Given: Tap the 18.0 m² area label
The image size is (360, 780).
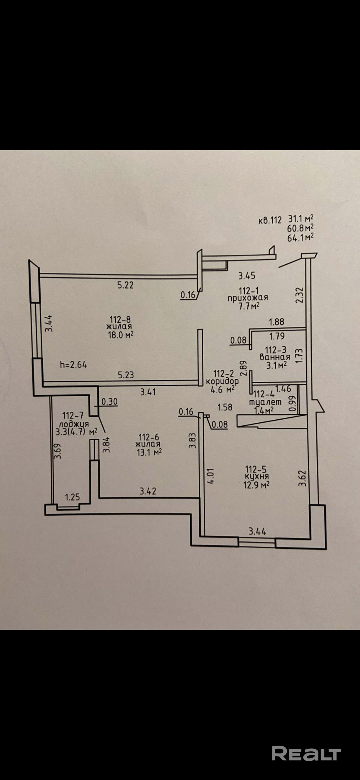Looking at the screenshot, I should coord(121,335).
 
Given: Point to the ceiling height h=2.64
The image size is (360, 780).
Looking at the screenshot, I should coord(73,364).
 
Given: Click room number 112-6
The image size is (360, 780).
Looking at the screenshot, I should coord(149,437).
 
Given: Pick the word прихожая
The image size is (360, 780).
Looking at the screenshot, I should coord(248,298).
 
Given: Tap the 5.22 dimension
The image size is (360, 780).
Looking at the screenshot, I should coord(125,285).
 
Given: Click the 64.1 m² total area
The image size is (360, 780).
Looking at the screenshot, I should coord(300,237).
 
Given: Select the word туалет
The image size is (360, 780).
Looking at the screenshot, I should coord(265,402).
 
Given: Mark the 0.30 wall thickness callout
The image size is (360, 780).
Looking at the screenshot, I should coord(109,402).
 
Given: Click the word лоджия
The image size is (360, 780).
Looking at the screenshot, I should coord(74,424).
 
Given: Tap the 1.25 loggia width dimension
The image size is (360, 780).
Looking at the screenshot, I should coord(72,497).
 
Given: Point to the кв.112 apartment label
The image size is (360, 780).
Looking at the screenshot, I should coord(270,220).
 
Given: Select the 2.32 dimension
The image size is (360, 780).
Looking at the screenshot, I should coord(300,294).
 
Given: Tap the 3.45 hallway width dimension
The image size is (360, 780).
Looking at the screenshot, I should coord(247,276).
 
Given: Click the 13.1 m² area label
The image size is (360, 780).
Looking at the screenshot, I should coord(149,452).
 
